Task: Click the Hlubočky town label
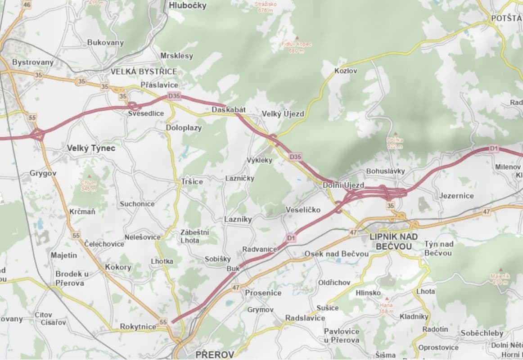188,5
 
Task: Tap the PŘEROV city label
215,355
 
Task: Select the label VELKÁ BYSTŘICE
144,72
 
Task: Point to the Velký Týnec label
91,148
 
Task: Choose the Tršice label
192,182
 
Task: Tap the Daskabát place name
228,110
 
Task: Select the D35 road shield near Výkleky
295,157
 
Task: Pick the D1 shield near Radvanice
291,237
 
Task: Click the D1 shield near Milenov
494,148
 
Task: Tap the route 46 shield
27,5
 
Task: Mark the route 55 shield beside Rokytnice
163,322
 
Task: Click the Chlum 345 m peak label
89,185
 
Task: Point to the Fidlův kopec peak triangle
296,38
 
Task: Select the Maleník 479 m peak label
500,279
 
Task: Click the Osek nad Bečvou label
337,254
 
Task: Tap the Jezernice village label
456,196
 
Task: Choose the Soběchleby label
482,333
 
